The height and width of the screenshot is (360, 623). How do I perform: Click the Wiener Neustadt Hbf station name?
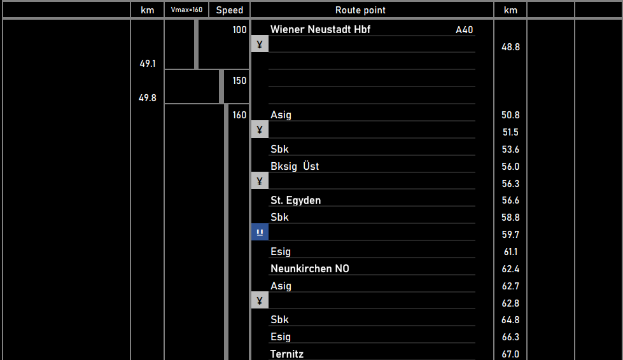pyautogui.click(x=320, y=29)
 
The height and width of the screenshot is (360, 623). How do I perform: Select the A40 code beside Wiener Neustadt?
pyautogui.click(x=464, y=30)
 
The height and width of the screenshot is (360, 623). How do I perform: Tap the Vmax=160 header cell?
pyautogui.click(x=186, y=10)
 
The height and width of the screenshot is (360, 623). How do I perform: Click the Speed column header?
pyautogui.click(x=229, y=10)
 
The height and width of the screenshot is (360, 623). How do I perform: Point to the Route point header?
pyautogui.click(x=360, y=10)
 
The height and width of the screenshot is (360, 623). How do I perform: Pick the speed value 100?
pyautogui.click(x=239, y=30)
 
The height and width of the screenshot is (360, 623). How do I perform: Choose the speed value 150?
pyautogui.click(x=239, y=81)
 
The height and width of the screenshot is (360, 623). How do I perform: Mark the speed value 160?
pyautogui.click(x=239, y=115)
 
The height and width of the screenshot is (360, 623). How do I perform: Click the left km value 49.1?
pyautogui.click(x=148, y=64)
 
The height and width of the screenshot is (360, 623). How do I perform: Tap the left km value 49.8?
pyautogui.click(x=148, y=98)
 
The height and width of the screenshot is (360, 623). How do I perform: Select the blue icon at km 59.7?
pyautogui.click(x=260, y=232)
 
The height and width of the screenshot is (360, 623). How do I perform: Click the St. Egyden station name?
pyautogui.click(x=295, y=200)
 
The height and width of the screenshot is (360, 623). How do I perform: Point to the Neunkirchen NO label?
pyautogui.click(x=309, y=268)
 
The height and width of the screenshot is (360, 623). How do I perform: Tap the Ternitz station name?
pyautogui.click(x=291, y=354)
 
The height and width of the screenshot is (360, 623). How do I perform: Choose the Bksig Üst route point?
pyautogui.click(x=295, y=166)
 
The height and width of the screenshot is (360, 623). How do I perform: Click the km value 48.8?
pyautogui.click(x=510, y=47)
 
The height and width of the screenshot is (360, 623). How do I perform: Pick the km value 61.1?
pyautogui.click(x=510, y=252)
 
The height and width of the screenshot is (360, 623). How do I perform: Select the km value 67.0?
pyautogui.click(x=510, y=354)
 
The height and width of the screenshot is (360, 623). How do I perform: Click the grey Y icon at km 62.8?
pyautogui.click(x=260, y=300)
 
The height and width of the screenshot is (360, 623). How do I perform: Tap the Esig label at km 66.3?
pyautogui.click(x=281, y=336)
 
